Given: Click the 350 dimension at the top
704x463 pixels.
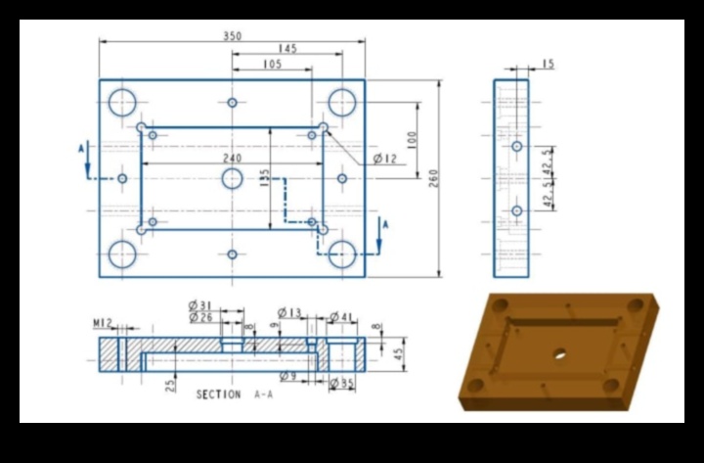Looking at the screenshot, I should point(233,36).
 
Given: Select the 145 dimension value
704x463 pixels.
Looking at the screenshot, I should point(286,49).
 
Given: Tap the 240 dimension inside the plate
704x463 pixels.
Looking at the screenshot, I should point(232,158).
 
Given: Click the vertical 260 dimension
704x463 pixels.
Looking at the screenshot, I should point(433,177).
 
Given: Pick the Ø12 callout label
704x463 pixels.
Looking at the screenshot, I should point(385,159).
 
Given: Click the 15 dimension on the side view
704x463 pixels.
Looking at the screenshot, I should point(547,65).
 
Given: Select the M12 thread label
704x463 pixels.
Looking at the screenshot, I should point(103,322).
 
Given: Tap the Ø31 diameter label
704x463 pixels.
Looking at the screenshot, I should point(200,305).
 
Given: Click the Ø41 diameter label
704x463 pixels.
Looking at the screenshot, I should point(341,316).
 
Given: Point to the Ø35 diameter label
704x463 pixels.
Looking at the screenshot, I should point(341,383).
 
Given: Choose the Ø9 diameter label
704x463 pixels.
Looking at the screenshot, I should point(287,377).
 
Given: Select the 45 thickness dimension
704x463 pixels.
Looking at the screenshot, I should point(397,353).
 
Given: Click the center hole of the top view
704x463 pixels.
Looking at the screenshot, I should point(232,178).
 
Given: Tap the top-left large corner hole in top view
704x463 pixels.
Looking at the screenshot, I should point(123,102).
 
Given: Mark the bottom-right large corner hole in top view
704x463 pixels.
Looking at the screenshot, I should point(342,254).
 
